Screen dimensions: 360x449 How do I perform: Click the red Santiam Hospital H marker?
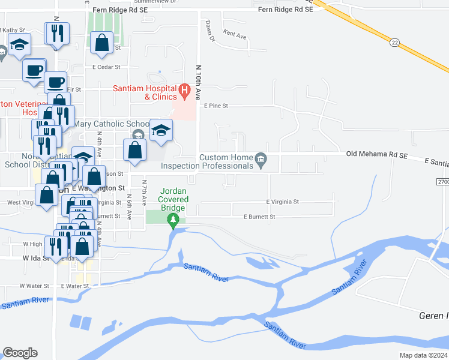coord(185,92)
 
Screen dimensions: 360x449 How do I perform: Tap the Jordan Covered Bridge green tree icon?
coord(174,221)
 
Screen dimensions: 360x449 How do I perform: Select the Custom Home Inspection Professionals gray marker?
coord(261,159)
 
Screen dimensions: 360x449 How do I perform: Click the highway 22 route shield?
coord(394,41)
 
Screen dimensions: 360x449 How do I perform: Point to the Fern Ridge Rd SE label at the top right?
coord(285,10)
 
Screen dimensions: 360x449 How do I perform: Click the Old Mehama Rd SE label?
coord(377,154)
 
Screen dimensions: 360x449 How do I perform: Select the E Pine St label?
coord(216,106)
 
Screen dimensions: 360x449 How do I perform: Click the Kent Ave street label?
coord(234,35)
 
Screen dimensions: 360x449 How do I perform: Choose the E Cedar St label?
coord(106,67)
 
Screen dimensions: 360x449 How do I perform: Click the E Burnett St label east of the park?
coord(259,217)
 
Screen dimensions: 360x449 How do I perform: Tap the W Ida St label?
coord(35,257)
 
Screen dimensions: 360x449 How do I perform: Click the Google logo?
coord(20,353)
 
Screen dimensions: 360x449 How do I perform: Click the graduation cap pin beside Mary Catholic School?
coord(161,131)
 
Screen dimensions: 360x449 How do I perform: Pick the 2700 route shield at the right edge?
coord(441,181)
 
